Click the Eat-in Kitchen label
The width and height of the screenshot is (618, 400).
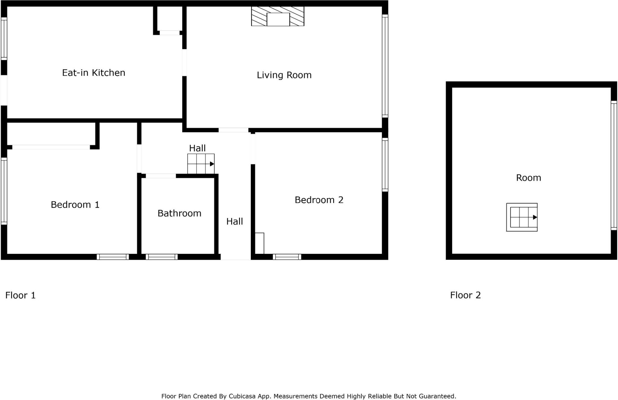94,73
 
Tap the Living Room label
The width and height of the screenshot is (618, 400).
284,75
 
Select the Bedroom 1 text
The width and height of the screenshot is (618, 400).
75,205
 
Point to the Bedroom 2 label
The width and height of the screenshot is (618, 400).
319,200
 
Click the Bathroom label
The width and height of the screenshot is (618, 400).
179,213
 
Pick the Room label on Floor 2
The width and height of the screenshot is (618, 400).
528,178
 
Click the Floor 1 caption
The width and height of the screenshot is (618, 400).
21,295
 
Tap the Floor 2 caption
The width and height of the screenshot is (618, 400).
465,295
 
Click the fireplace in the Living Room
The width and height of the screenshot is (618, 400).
278,17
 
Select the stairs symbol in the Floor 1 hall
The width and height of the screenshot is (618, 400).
201,164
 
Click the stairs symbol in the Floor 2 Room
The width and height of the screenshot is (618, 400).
522,217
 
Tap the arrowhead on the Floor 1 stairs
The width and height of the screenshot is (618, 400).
212,164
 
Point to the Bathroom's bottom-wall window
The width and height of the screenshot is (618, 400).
162,257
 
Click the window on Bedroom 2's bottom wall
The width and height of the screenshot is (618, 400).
287,257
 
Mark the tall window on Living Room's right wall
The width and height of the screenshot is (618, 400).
385,66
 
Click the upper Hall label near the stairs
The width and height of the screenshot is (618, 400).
197,148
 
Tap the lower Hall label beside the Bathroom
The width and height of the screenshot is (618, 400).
234,222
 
